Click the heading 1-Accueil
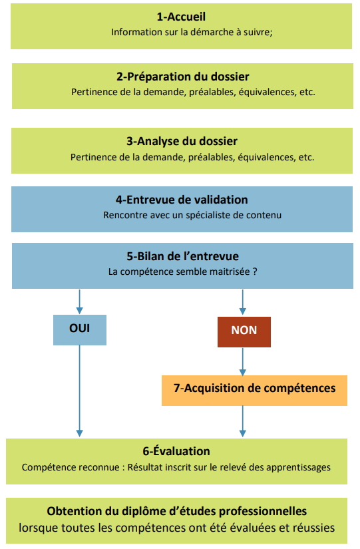181,17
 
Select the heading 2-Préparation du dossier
183,77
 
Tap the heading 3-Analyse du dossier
182,141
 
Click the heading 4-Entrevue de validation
182,200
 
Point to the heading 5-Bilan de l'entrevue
182,256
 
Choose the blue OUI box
80,330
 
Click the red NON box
244,332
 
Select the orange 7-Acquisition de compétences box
254,391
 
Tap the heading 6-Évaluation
176,451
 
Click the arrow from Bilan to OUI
79,302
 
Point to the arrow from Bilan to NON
243,302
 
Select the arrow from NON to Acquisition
243,362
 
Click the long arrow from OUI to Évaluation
79,391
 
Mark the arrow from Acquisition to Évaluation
243,421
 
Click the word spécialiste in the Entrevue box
206,215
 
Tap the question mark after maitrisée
255,272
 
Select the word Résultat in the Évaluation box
144,467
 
